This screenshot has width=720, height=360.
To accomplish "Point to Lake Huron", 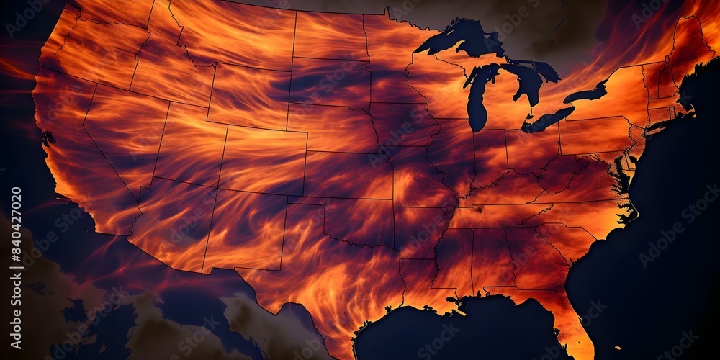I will [x=529, y=83].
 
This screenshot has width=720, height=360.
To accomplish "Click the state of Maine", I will [x=688, y=40].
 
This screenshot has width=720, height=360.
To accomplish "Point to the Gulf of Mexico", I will [x=461, y=331].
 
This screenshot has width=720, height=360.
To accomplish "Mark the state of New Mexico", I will [x=245, y=230].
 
